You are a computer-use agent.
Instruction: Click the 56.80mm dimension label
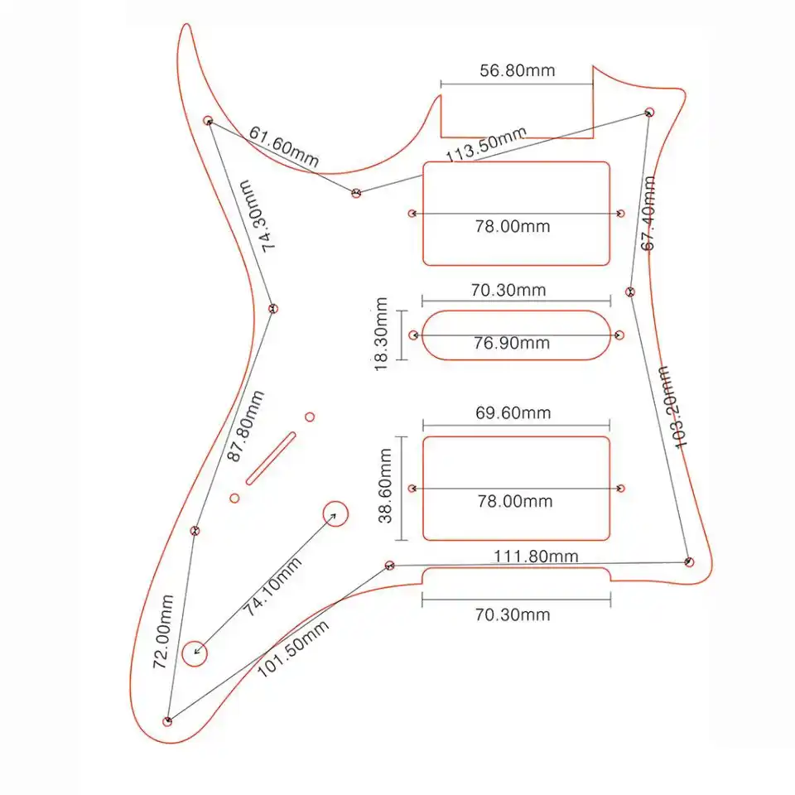(518, 70)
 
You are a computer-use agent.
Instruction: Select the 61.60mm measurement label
(283, 146)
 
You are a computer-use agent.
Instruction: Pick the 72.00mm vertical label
(162, 631)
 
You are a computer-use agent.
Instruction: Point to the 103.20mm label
(673, 407)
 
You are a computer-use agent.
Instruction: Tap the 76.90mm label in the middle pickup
(511, 343)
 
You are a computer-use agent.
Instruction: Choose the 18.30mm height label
(381, 335)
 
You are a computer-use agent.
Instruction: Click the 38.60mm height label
(385, 486)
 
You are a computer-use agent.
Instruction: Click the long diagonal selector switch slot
(271, 456)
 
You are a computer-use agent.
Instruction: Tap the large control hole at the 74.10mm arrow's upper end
(335, 514)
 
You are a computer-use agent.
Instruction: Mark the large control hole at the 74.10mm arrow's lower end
(195, 653)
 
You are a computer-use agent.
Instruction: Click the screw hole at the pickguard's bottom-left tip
(168, 721)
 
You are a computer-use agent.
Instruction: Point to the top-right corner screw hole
(650, 111)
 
